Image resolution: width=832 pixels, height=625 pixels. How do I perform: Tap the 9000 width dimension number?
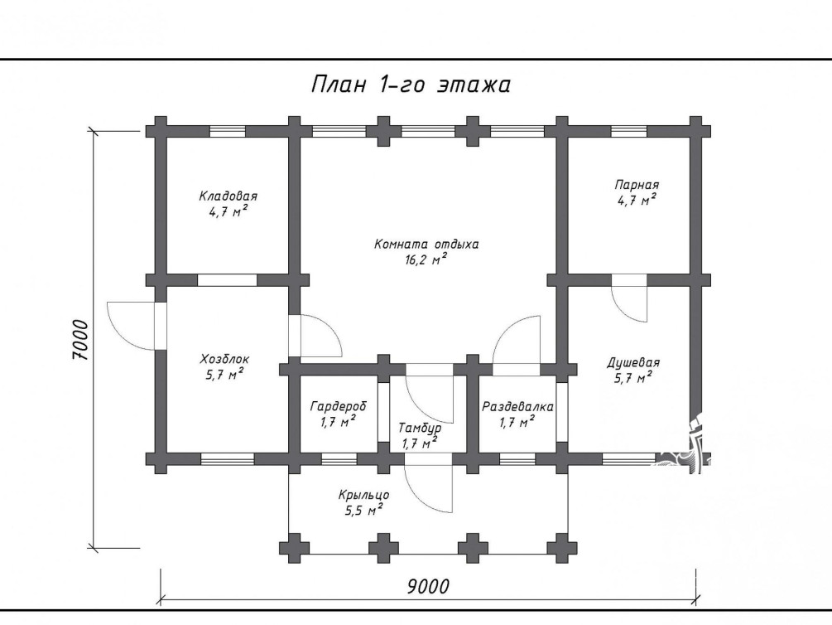pos(428,587)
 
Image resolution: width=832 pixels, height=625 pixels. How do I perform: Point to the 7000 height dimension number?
pos(79,340)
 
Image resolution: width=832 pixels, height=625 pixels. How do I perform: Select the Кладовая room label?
pos(228,196)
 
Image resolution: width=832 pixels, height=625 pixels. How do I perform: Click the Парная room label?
pos(637,185)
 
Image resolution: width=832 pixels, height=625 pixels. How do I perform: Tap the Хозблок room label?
pos(224,359)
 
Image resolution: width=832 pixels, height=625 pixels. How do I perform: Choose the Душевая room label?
pos(633,363)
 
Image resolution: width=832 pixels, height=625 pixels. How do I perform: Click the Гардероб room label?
pos(338,407)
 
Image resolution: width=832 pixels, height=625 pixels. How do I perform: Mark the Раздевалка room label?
pos(517,407)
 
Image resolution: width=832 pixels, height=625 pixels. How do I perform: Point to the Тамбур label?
pos(420,429)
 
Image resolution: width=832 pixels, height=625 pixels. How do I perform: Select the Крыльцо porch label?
pos(364,496)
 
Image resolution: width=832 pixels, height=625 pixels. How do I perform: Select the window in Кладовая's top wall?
pos(227,131)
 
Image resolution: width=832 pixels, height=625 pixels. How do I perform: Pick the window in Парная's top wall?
pos(629,131)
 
